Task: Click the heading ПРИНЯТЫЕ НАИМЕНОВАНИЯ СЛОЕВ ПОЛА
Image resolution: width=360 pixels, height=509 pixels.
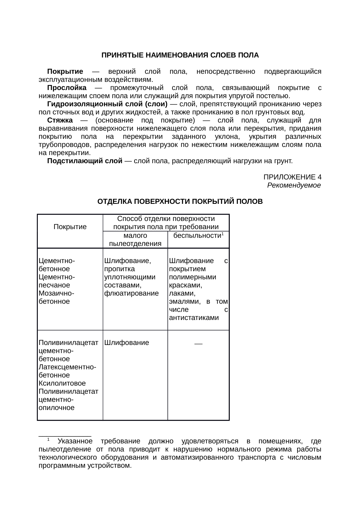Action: coord(180,55)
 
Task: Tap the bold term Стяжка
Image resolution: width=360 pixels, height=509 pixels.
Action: coord(60,120)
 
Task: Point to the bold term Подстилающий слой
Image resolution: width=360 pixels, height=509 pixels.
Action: coord(84,161)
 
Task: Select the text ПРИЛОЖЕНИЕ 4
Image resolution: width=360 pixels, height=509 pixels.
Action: coord(292,177)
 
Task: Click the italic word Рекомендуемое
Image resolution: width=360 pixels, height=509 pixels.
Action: coord(294,185)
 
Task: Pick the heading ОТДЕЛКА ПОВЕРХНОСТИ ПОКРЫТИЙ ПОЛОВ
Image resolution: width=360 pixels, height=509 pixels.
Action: coord(180,202)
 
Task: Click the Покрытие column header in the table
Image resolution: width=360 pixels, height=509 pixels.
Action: coord(70,227)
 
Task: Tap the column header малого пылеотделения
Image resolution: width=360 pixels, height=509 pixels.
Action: coord(135,240)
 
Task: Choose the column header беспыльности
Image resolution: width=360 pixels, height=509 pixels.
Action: coord(197,236)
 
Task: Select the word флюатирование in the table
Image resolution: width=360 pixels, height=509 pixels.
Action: coord(131,293)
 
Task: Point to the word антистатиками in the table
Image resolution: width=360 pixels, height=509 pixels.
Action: coord(194,318)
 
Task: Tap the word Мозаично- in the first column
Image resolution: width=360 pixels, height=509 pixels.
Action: coord(56,293)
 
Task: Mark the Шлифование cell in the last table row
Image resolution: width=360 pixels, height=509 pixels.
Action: coord(126,343)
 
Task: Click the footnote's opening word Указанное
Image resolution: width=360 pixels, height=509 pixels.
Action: coord(75,441)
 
